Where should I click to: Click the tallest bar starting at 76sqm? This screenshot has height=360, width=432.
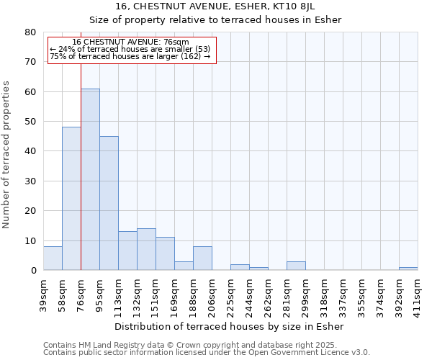(x=90, y=180)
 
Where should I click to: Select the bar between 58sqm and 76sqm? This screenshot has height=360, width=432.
(x=71, y=199)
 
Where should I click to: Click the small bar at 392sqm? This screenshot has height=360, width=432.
(x=408, y=269)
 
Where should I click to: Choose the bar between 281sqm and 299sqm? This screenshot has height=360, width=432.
(x=296, y=266)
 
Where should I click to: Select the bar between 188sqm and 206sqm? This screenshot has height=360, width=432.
(x=202, y=258)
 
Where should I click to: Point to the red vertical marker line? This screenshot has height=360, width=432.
(x=81, y=158)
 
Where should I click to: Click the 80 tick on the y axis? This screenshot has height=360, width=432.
(x=30, y=32)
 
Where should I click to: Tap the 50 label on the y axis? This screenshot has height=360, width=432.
(x=30, y=122)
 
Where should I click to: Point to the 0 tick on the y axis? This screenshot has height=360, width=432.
(x=33, y=271)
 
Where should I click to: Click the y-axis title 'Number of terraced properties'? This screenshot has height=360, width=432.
(x=6, y=154)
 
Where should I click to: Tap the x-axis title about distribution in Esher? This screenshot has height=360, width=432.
(x=230, y=327)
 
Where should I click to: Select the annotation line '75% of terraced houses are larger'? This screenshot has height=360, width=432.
(x=130, y=56)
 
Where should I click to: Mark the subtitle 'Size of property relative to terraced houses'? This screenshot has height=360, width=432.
(x=215, y=19)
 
